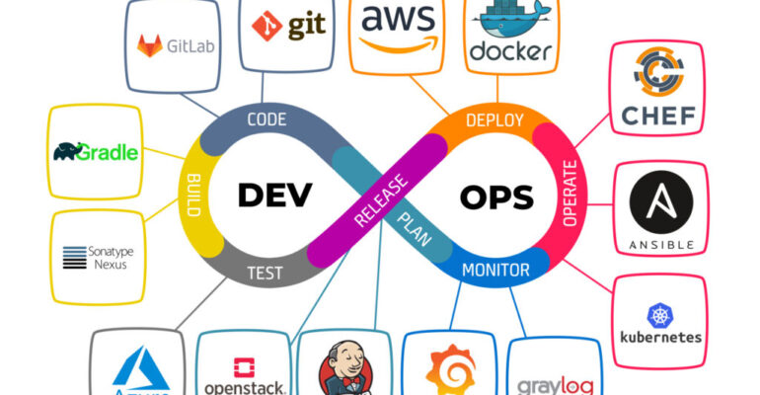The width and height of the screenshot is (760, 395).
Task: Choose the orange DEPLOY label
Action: (493, 120)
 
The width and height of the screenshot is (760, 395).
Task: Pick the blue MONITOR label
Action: (495, 270)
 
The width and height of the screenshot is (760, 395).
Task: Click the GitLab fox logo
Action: (149, 44)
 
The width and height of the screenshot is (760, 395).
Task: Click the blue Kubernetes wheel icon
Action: (659, 315)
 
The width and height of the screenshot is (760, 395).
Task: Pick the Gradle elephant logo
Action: (70, 151)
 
